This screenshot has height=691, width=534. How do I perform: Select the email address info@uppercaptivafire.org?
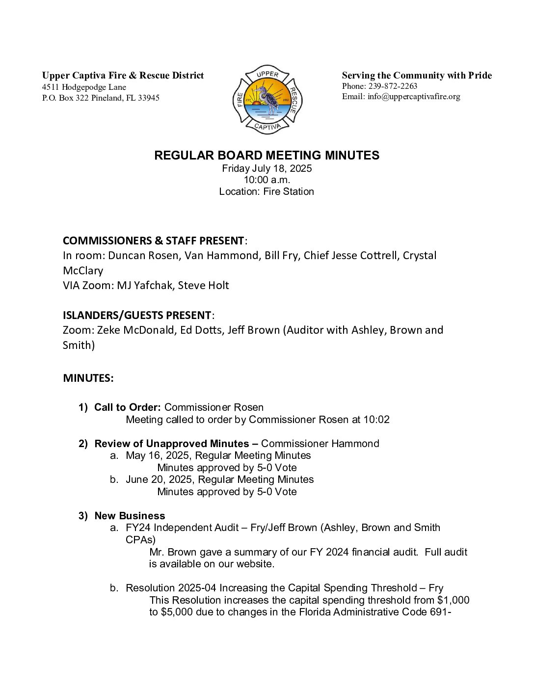(x=414, y=96)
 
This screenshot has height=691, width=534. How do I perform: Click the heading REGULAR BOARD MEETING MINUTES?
(x=267, y=156)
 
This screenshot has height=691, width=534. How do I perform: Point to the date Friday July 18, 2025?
(x=267, y=168)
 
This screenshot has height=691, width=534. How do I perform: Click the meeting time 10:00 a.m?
(x=267, y=180)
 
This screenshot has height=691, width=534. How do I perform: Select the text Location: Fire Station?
(x=267, y=191)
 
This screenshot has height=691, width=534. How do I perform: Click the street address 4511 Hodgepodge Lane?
(x=84, y=87)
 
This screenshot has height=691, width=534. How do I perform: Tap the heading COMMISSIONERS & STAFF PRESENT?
(x=153, y=240)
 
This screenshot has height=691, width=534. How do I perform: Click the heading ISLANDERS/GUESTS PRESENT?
(x=137, y=315)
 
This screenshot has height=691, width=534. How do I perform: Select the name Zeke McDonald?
(x=135, y=330)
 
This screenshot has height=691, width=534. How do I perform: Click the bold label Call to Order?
(x=127, y=407)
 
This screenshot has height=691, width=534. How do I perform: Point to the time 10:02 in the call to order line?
(x=376, y=420)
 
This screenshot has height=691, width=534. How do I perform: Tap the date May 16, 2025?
(x=159, y=455)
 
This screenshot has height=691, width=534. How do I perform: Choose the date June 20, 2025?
(x=160, y=479)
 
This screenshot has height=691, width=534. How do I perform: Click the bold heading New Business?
(x=130, y=516)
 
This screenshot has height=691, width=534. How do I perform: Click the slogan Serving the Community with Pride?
(x=417, y=75)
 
